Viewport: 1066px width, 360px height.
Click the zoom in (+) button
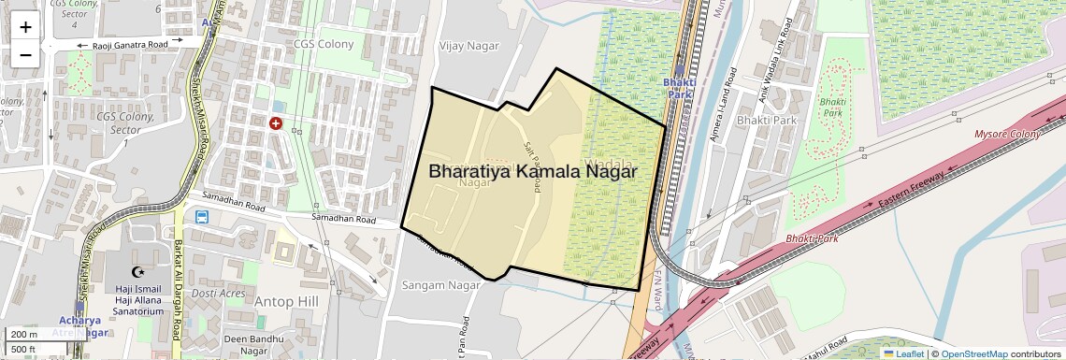25,27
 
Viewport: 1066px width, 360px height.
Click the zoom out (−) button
25,54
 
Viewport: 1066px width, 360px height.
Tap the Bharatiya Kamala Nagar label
533,171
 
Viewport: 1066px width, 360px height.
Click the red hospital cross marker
276,123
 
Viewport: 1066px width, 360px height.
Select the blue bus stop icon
200,217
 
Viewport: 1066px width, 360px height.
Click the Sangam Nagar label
433,283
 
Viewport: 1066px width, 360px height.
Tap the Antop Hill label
287,301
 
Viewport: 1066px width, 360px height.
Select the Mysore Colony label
1007,135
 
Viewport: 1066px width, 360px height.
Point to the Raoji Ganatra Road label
130,45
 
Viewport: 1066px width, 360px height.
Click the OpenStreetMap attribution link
973,353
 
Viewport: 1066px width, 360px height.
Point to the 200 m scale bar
24,335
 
